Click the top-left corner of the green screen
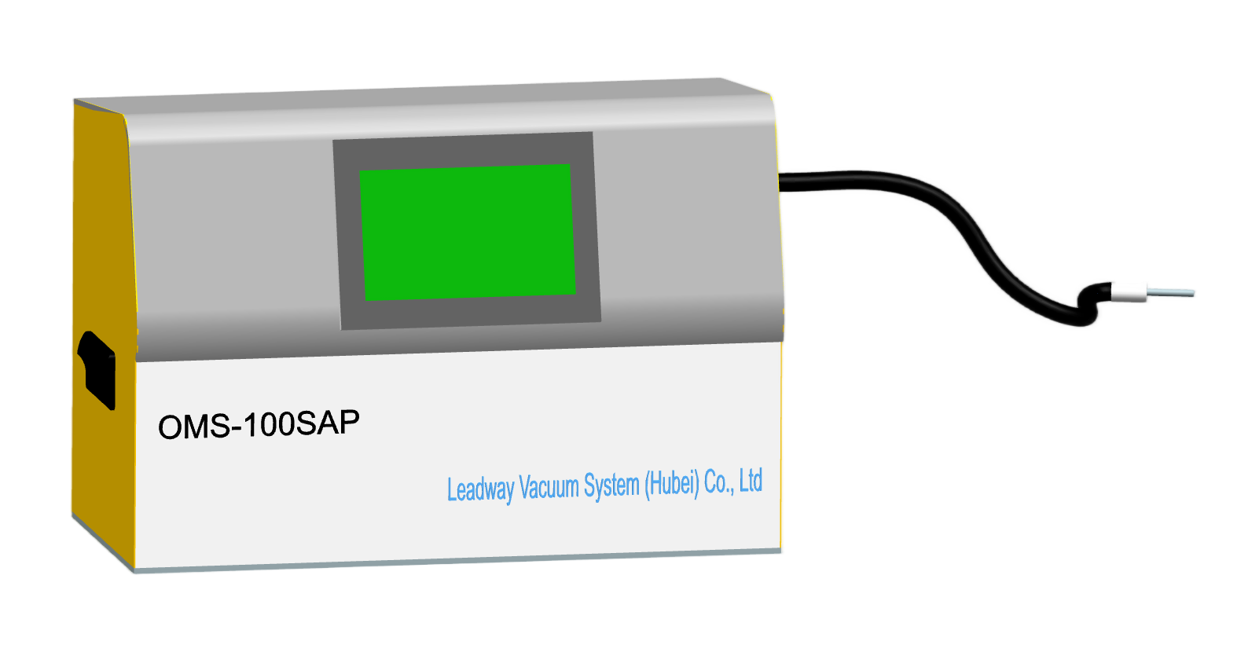[x=360, y=171]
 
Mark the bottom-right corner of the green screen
[x=575, y=294]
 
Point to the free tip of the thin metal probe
[x=1195, y=294]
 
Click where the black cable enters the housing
[x=780, y=183]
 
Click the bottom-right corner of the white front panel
[x=780, y=549]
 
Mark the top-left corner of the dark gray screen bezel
[x=333, y=140]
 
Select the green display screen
[x=468, y=233]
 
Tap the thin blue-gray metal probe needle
[x=1170, y=292]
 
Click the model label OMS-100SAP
[x=259, y=425]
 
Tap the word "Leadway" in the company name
[x=481, y=490]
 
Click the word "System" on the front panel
[x=611, y=485]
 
